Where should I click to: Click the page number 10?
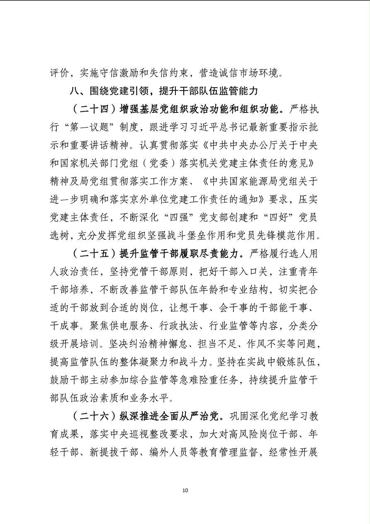pos(185,490)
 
